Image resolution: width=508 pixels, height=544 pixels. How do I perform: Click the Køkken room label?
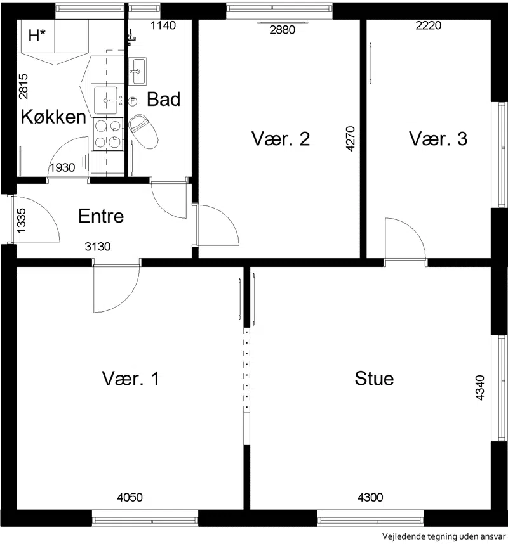(x=53, y=117)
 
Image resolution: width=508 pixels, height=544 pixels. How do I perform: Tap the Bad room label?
(x=164, y=99)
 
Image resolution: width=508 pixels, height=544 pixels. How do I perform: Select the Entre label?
(x=101, y=216)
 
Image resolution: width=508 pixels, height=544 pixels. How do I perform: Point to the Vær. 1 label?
(x=131, y=378)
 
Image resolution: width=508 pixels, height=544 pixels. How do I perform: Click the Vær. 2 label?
(x=281, y=138)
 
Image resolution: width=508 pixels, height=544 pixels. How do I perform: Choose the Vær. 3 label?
(x=438, y=138)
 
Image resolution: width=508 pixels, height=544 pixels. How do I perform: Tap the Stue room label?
(x=374, y=378)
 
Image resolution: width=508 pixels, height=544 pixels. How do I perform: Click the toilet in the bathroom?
(x=143, y=131)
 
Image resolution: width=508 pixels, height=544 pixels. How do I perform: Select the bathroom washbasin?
(x=138, y=71)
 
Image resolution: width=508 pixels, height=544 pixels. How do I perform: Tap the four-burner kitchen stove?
(x=108, y=134)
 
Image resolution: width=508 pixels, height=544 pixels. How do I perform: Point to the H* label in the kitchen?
(x=37, y=36)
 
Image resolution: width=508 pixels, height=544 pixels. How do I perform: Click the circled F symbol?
(x=132, y=101)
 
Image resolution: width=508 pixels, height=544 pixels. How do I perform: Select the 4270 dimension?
(x=351, y=139)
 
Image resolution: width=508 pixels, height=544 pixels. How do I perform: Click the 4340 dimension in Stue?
(x=480, y=388)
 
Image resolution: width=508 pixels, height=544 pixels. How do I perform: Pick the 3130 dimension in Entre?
(x=98, y=247)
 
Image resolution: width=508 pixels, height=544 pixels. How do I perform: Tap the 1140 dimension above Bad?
(x=163, y=25)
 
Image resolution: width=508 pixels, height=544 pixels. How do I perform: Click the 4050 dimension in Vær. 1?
(x=130, y=497)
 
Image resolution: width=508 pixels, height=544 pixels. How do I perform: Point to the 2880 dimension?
(x=283, y=30)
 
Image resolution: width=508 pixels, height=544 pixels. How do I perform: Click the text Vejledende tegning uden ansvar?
(x=444, y=536)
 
